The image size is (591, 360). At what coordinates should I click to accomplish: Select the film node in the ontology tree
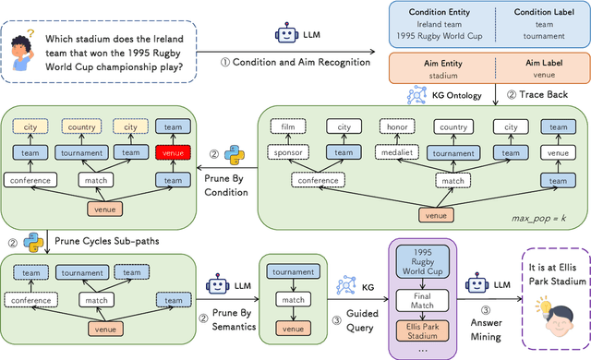pyautogui.click(x=289, y=126)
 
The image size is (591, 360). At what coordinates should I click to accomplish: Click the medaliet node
pyautogui.click(x=398, y=152)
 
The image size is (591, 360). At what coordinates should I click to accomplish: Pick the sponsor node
pyautogui.click(x=289, y=152)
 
